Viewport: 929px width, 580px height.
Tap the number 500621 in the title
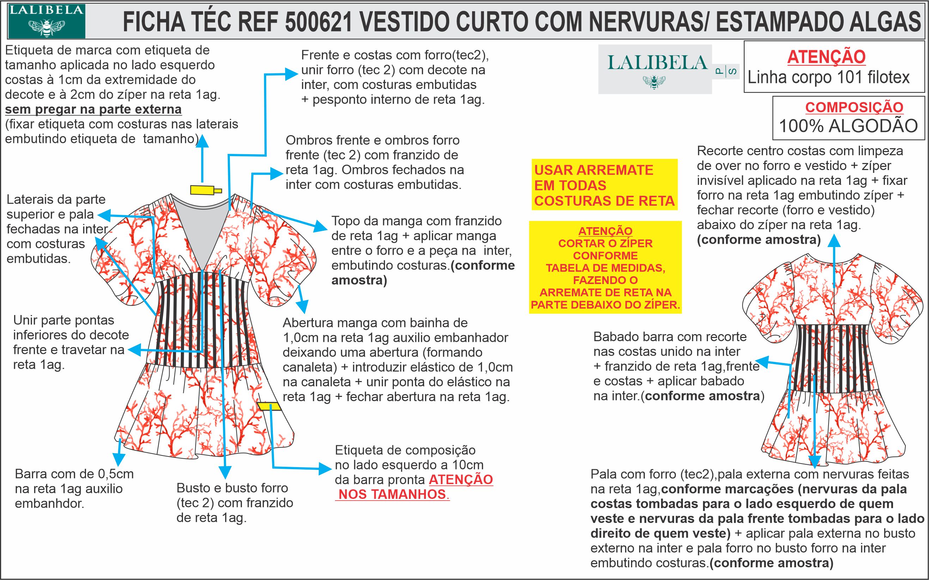point(318,22)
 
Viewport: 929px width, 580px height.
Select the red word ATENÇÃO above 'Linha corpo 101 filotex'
point(826,57)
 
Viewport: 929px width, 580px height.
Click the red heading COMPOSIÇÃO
point(854,107)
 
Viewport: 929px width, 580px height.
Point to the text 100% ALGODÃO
point(848,126)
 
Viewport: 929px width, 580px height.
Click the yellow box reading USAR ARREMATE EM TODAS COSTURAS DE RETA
point(604,185)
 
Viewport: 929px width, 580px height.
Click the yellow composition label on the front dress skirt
point(269,406)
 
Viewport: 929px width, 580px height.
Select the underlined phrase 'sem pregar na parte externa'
point(93,109)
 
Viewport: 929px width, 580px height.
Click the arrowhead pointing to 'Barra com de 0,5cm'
point(118,460)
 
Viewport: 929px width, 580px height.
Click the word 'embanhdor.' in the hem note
point(49,504)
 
